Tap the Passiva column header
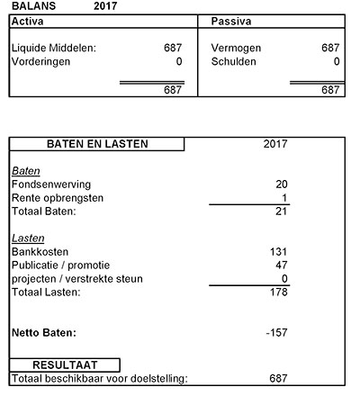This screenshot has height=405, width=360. click(229, 19)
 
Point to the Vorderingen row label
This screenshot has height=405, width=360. click(44, 62)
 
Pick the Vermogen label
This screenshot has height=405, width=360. click(236, 48)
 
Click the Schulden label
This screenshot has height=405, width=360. click(233, 62)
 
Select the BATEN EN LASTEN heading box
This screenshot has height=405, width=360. click(97, 143)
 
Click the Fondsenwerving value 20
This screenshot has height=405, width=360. click(281, 184)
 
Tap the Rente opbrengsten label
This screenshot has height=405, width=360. click(58, 198)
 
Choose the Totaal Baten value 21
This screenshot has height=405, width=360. click(281, 211)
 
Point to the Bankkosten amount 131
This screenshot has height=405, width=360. click(278, 252)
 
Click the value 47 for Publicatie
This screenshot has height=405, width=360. click(281, 265)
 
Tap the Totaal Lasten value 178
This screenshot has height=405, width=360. click(278, 292)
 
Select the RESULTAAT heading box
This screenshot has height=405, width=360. click(65, 364)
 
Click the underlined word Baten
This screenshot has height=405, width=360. click(26, 170)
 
